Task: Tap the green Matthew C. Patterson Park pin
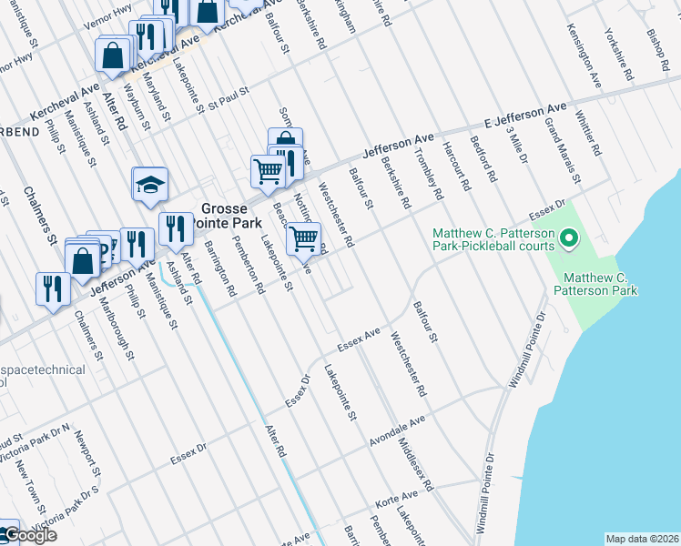[569, 240]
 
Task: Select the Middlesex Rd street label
[415, 465]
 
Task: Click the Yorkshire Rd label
[619, 55]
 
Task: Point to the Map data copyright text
[642, 539]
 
